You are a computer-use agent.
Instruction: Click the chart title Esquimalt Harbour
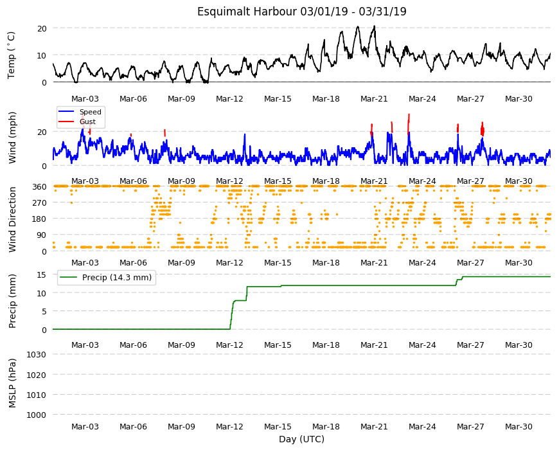247,12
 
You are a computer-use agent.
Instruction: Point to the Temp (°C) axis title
12,55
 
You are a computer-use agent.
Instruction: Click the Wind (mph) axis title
12,138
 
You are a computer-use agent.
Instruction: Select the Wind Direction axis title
12,219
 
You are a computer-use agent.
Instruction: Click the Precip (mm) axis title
12,301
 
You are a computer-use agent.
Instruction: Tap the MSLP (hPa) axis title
12,383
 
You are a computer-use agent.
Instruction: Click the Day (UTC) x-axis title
301,439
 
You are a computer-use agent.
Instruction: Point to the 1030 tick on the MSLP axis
37,354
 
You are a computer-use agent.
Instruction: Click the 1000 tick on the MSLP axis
37,415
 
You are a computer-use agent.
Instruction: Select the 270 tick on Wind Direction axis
39,203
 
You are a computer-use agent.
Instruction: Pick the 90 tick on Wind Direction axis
42,235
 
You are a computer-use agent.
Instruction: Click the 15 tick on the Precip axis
42,274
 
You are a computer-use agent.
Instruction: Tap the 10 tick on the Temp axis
42,55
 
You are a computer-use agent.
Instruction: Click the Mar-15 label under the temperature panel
278,99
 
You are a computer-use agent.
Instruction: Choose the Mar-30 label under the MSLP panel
519,426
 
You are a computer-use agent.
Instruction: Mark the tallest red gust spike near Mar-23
409,123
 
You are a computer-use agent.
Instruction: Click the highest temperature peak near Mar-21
374,26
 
